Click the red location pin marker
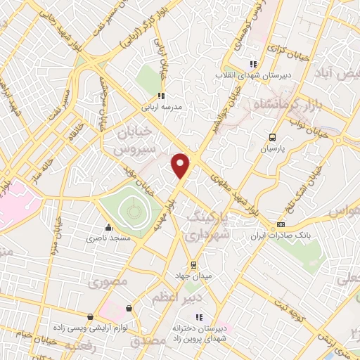point(181,165)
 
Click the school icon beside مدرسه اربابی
point(161,96)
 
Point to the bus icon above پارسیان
point(274,138)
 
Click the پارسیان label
point(273,149)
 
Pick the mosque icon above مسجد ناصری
point(108,228)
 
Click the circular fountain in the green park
point(131,210)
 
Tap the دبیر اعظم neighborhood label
point(169,298)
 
